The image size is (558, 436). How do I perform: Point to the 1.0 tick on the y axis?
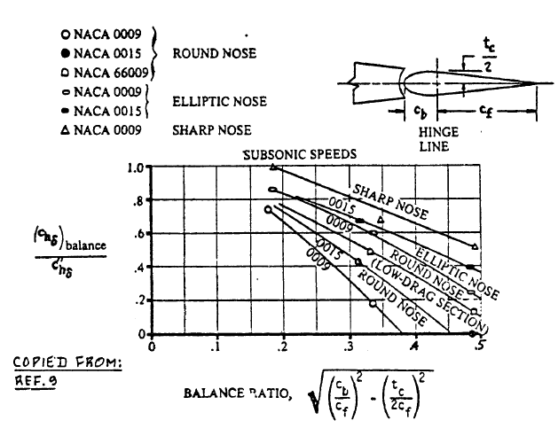tap(136, 167)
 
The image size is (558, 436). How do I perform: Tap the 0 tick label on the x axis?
tap(152, 346)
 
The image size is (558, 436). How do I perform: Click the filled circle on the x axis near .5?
tap(472, 334)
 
